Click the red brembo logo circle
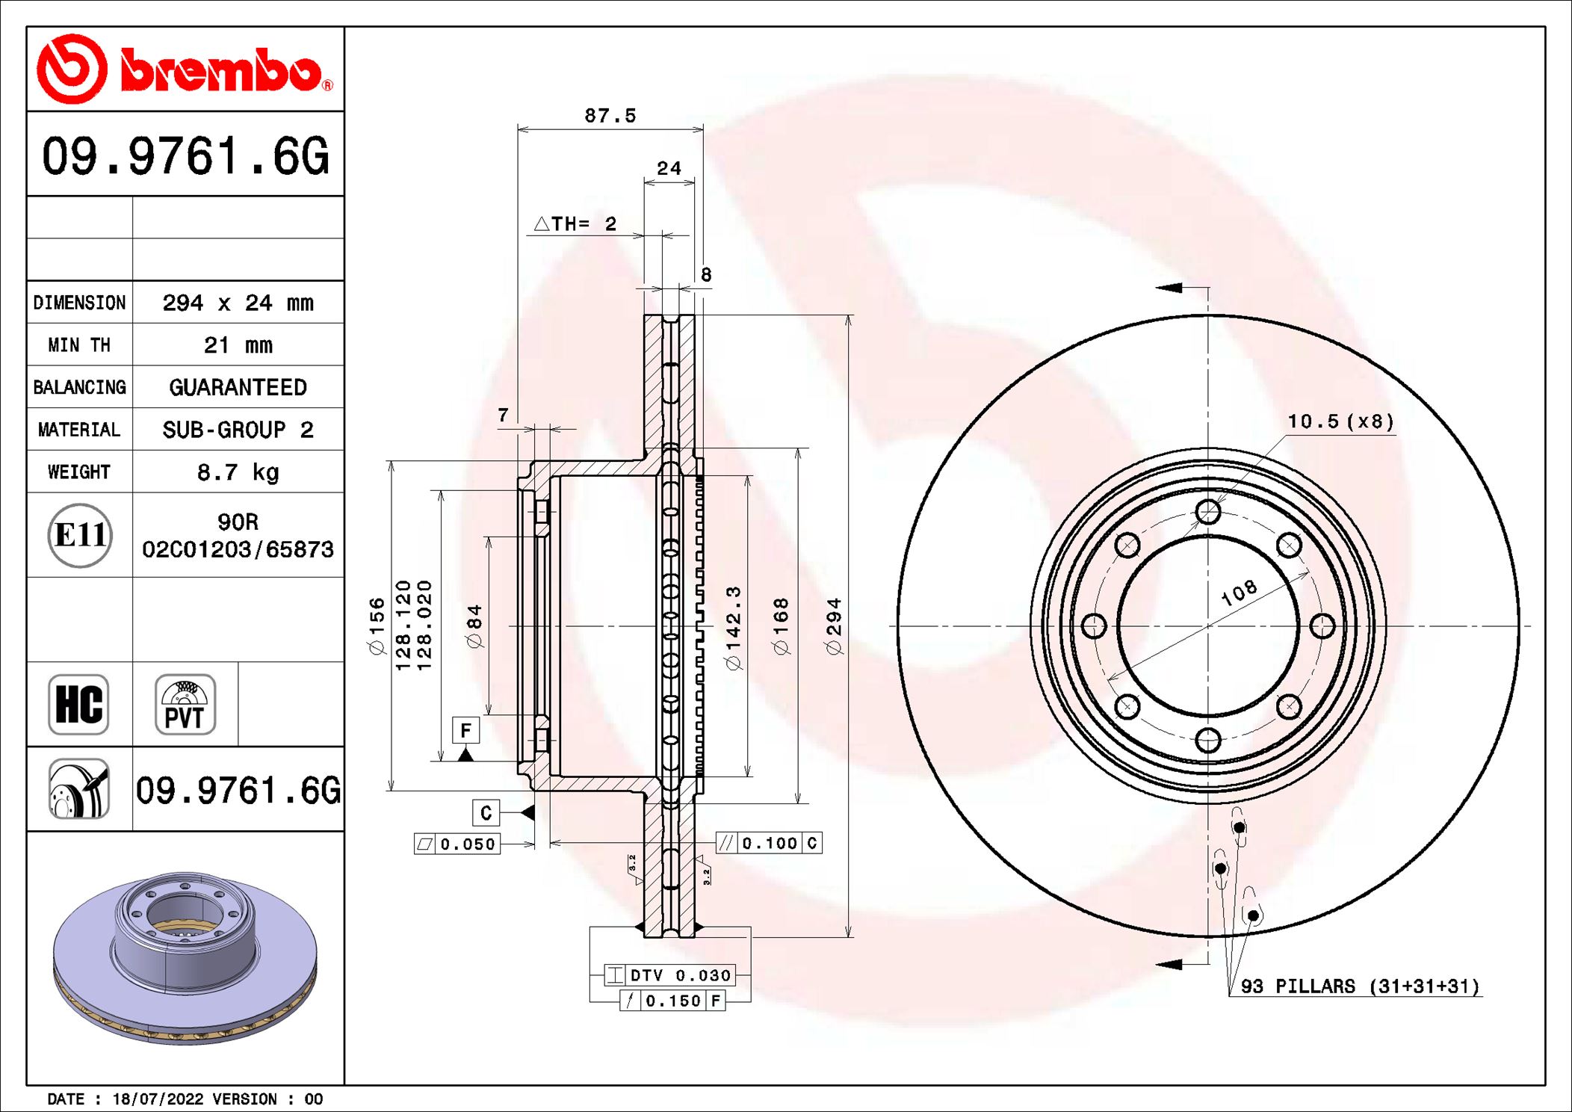point(72,69)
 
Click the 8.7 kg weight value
point(238,472)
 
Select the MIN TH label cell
point(79,345)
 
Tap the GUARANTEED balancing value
point(238,387)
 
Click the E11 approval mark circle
point(80,535)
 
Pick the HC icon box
point(78,705)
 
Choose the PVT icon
point(185,705)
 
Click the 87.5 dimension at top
point(610,116)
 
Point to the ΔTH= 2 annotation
point(575,223)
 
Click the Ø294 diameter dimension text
point(834,626)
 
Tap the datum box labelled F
point(465,730)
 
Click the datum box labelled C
point(486,812)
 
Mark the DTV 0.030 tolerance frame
point(670,975)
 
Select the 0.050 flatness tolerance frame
point(457,844)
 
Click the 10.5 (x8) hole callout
point(1340,421)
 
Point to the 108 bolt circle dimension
point(1239,593)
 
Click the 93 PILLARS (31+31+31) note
point(1359,986)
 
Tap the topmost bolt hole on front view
point(1207,512)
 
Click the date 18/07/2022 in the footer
point(158,1099)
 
